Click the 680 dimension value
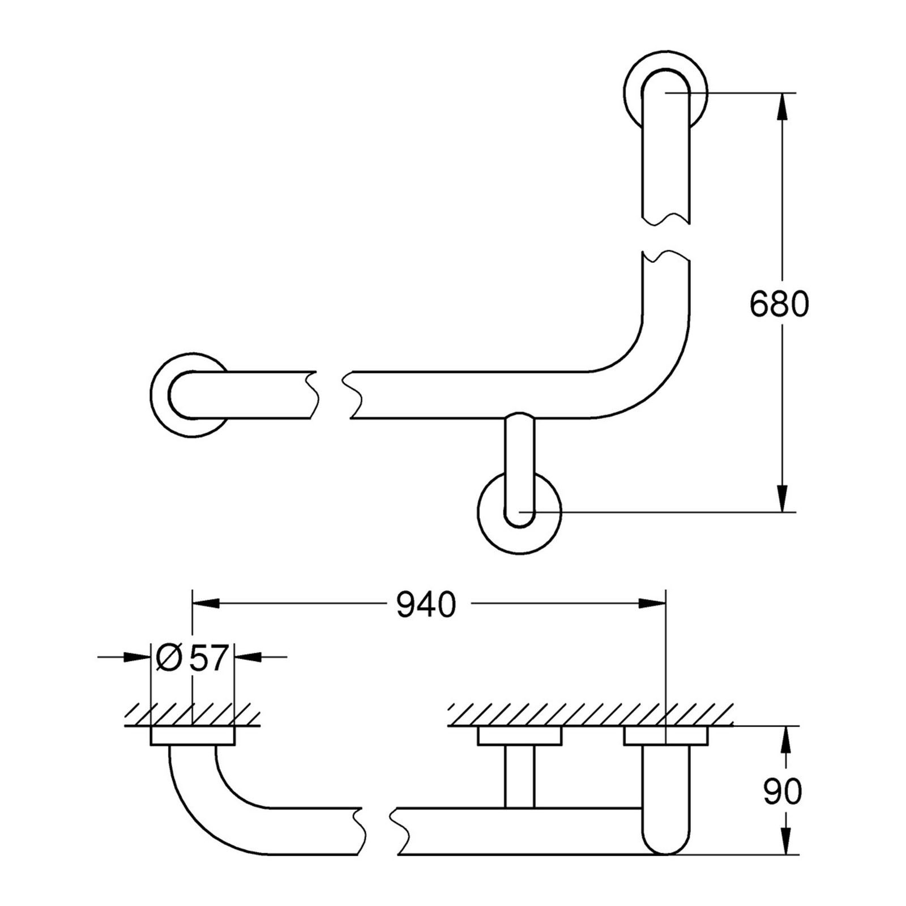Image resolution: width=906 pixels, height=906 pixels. coord(779,305)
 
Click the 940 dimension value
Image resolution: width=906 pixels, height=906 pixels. coord(426,605)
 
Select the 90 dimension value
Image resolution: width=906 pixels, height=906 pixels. coord(783,791)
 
